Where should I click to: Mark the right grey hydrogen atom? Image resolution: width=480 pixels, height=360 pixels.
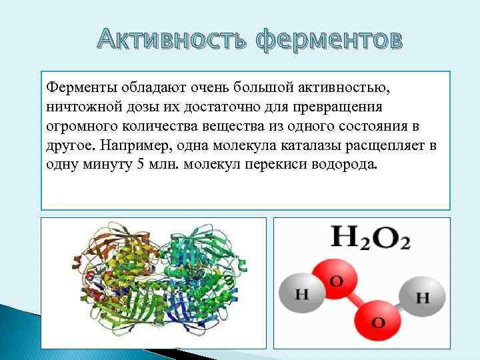[x=421, y=297]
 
